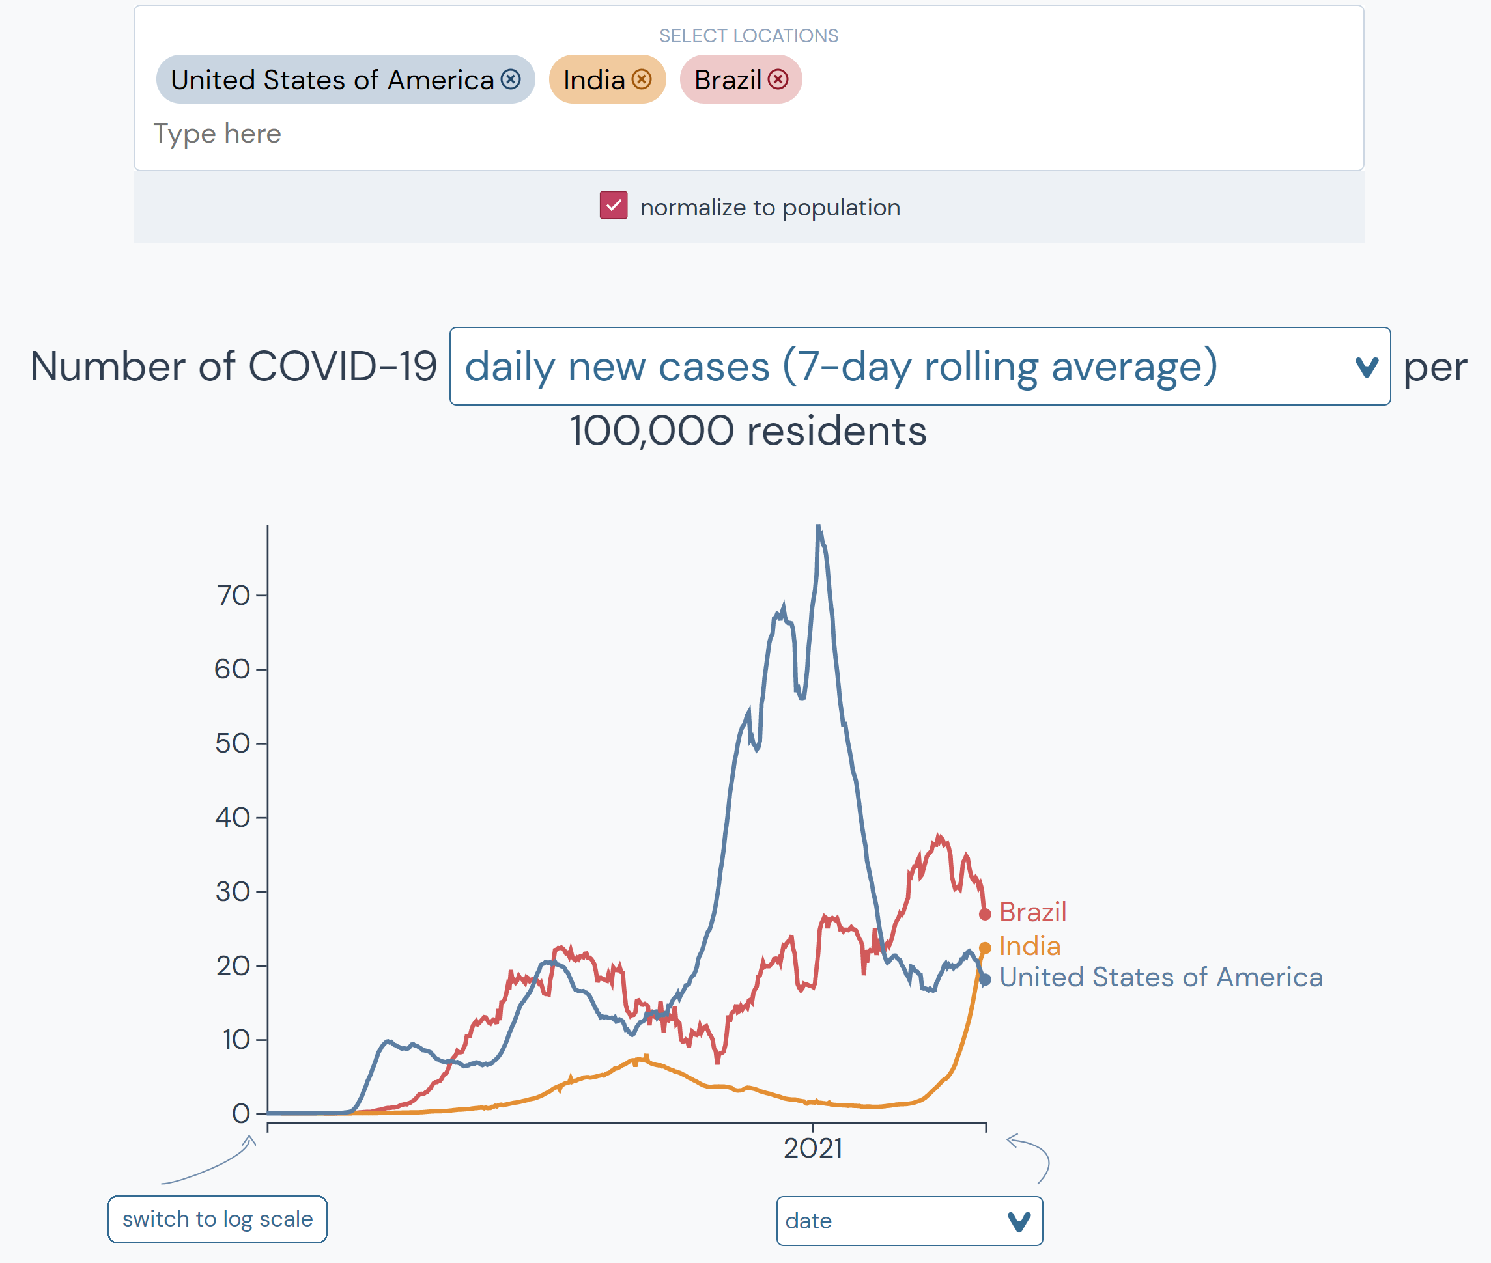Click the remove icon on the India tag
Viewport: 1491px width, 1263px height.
tap(641, 79)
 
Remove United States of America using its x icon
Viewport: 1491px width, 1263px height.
tap(510, 79)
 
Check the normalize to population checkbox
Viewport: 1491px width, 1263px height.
tap(614, 206)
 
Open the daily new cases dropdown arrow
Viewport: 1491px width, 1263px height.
tap(1366, 367)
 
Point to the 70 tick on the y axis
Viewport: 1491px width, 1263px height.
tap(234, 596)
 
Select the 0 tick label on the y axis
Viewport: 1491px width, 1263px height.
tap(241, 1114)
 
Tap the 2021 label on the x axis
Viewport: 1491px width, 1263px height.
tap(812, 1148)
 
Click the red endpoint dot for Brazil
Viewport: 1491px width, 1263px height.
tap(984, 914)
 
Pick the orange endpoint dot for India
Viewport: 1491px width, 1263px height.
tap(984, 948)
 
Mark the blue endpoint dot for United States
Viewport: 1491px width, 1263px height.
tap(984, 979)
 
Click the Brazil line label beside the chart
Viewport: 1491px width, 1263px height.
tap(1032, 912)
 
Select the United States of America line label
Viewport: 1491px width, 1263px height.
tap(1161, 977)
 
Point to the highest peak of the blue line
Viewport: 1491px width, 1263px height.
tap(818, 529)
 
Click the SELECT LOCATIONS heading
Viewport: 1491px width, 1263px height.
tap(748, 36)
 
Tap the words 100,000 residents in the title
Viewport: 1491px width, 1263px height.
tap(748, 431)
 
